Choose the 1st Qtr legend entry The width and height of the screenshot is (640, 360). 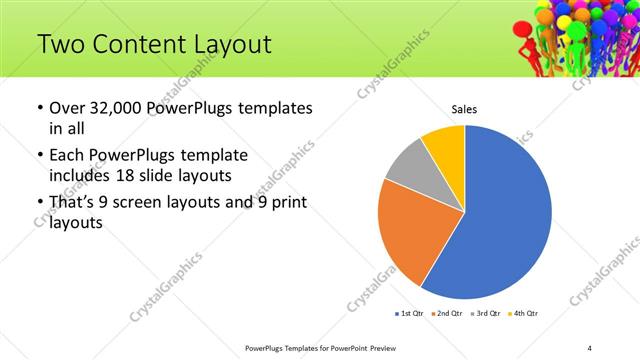point(409,314)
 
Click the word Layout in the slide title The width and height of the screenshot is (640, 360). point(225,44)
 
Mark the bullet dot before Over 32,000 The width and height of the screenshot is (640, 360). point(38,108)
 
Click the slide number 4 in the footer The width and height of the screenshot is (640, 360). point(589,347)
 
